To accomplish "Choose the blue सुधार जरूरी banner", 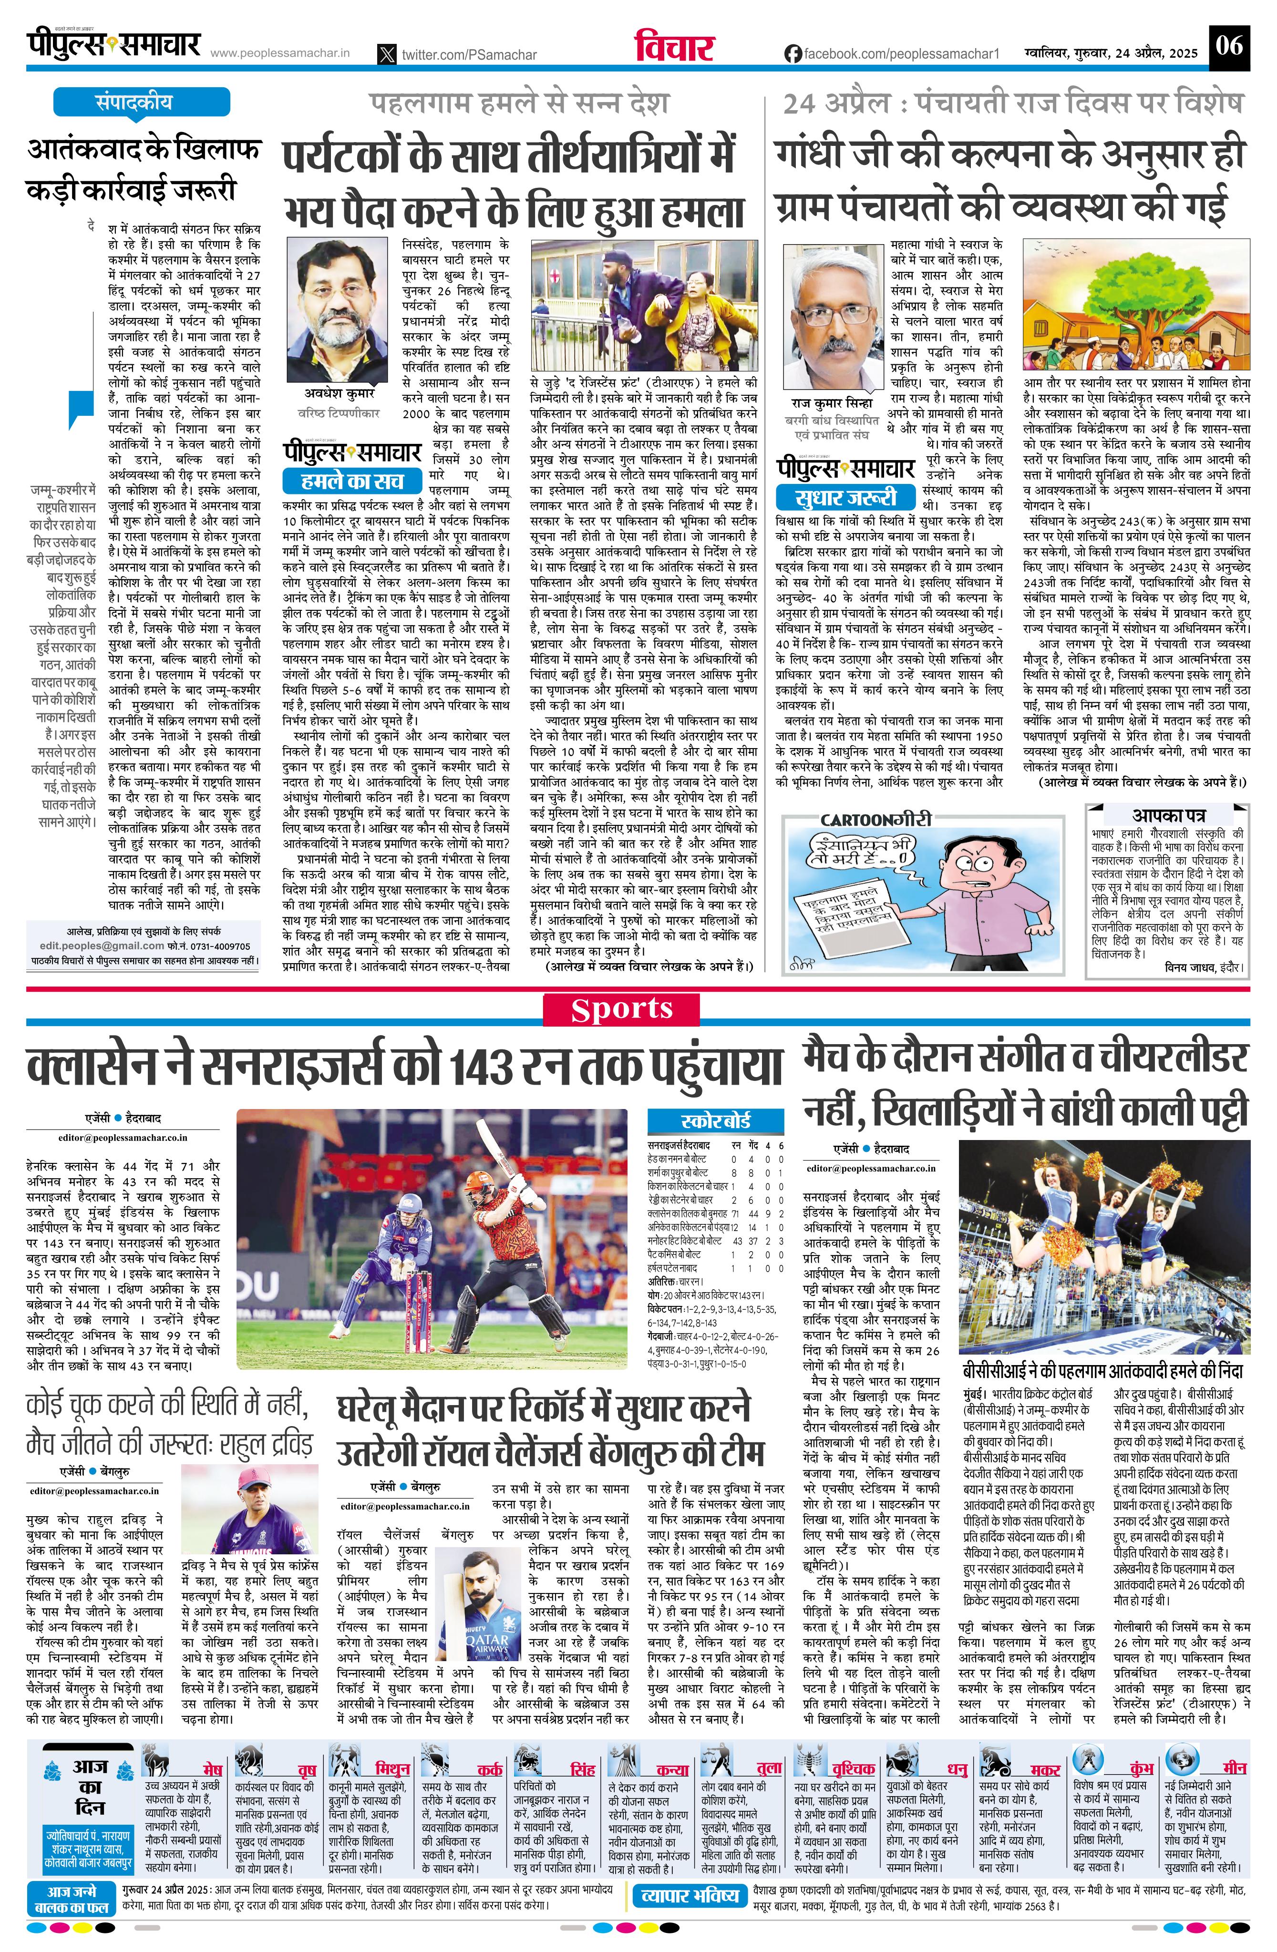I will click(x=845, y=497).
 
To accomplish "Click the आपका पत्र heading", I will click(x=1168, y=815).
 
